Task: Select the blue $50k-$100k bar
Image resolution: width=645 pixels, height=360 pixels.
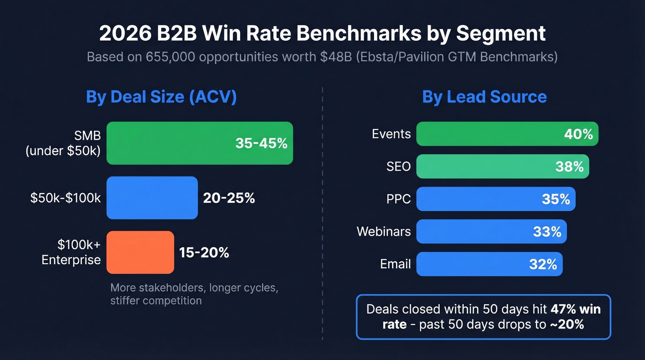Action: pyautogui.click(x=152, y=198)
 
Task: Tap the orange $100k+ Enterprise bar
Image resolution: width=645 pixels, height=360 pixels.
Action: pyautogui.click(x=140, y=252)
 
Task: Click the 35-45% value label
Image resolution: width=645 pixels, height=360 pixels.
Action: pyautogui.click(x=261, y=143)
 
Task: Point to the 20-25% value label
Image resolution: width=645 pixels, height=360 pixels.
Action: pyautogui.click(x=229, y=198)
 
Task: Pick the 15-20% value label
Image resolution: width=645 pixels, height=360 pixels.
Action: pyautogui.click(x=204, y=253)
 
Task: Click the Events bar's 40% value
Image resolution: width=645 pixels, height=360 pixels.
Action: pyautogui.click(x=578, y=134)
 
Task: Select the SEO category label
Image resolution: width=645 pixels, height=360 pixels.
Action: pyautogui.click(x=399, y=166)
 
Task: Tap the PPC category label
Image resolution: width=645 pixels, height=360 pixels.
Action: pyautogui.click(x=399, y=199)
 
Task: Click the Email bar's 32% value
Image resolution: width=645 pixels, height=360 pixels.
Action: pyautogui.click(x=543, y=264)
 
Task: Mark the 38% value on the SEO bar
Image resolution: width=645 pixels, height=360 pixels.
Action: pyautogui.click(x=569, y=166)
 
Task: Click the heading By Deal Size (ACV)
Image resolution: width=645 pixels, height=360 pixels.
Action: pyautogui.click(x=161, y=97)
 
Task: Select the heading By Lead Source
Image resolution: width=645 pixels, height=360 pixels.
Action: pyautogui.click(x=484, y=97)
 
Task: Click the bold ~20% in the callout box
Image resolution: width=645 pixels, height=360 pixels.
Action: pyautogui.click(x=567, y=324)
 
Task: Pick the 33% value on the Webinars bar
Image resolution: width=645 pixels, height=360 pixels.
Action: pyautogui.click(x=547, y=231)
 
